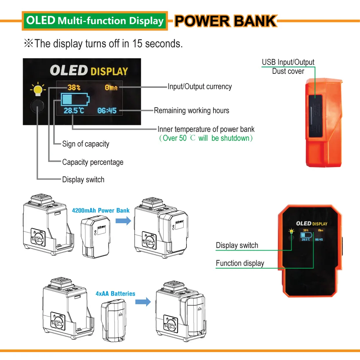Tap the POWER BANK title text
click(x=226, y=21)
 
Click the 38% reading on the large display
click(x=74, y=87)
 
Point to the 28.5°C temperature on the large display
click(x=74, y=111)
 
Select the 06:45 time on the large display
click(x=107, y=111)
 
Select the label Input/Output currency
click(x=199, y=87)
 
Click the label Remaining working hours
click(x=192, y=111)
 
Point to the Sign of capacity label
click(x=86, y=144)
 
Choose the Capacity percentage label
click(x=93, y=162)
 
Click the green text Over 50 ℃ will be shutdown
click(x=206, y=138)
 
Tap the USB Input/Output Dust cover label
click(x=288, y=67)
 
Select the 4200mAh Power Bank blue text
click(x=100, y=210)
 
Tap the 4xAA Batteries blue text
click(x=116, y=294)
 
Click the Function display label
click(x=240, y=264)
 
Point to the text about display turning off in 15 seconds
click(x=103, y=44)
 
